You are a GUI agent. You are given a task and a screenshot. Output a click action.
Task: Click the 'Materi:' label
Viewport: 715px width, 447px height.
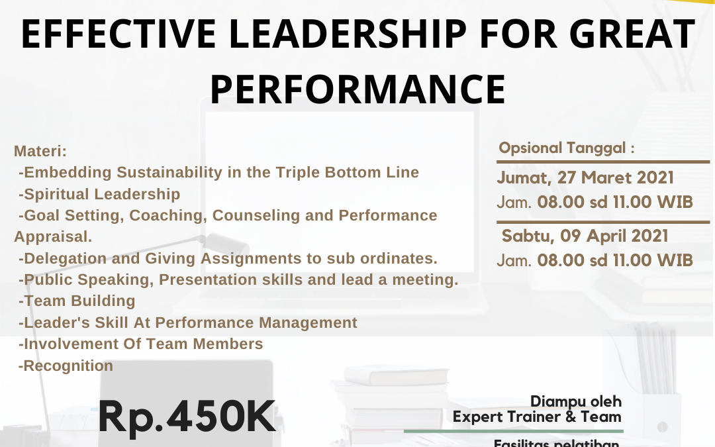40,151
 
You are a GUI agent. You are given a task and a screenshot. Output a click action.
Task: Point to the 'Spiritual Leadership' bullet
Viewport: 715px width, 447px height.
100,194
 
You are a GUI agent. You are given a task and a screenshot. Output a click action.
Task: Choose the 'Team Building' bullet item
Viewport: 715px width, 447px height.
77,301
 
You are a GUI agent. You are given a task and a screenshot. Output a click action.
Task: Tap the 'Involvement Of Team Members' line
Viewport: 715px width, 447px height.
141,344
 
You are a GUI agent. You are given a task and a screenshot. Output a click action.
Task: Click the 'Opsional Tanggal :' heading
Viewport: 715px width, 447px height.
567,148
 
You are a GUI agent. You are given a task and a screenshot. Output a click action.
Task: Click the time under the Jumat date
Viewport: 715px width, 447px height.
595,201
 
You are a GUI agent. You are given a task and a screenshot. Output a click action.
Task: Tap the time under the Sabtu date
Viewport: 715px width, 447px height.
595,260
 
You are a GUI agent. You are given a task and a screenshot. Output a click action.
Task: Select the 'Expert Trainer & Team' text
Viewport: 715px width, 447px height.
537,417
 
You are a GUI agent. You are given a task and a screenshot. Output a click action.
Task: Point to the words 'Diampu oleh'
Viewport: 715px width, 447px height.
576,401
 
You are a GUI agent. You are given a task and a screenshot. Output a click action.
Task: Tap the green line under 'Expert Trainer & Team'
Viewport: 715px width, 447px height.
513,431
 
